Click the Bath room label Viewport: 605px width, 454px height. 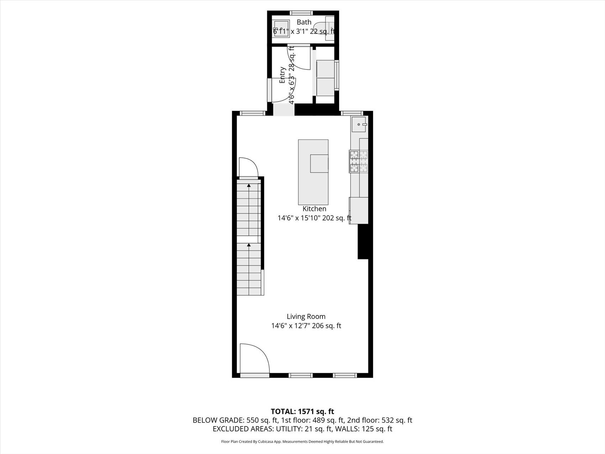click(x=304, y=22)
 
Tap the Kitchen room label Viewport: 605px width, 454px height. click(x=314, y=209)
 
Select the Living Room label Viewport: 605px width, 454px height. click(x=306, y=316)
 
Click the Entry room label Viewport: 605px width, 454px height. click(x=282, y=75)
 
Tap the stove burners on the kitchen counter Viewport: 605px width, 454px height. click(x=358, y=162)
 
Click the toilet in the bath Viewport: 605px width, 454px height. click(x=325, y=27)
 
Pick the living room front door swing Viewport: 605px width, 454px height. click(x=254, y=358)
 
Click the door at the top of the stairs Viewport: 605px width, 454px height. click(x=248, y=168)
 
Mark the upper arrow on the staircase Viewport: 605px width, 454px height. click(x=249, y=185)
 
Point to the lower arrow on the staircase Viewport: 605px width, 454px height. click(x=249, y=245)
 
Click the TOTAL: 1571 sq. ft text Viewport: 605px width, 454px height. click(x=302, y=412)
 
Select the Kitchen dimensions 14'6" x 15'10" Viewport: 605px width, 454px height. click(x=299, y=218)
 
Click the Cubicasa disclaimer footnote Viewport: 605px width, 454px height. click(x=302, y=442)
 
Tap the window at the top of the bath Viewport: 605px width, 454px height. click(x=301, y=13)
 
